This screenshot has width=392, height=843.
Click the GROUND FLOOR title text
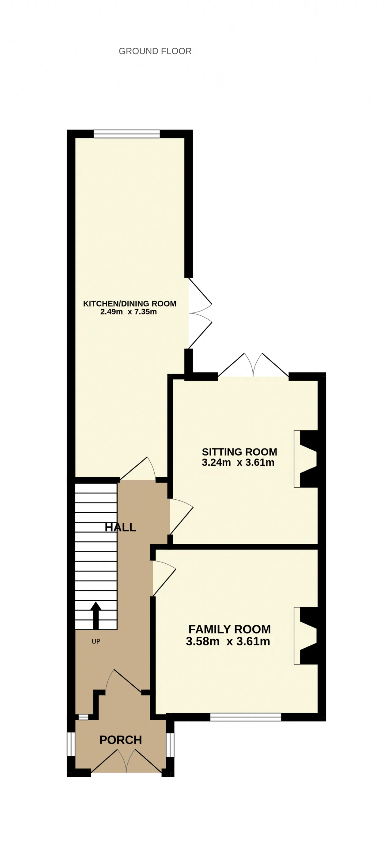[155, 51]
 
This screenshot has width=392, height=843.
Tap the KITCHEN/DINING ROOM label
[130, 304]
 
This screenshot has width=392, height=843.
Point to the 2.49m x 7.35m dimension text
[128, 312]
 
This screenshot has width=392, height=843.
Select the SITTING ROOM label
[239, 452]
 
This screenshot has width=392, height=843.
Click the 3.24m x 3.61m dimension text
[238, 462]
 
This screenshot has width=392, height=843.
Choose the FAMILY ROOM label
[230, 629]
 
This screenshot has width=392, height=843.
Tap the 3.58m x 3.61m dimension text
[228, 641]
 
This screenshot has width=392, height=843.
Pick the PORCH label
[121, 740]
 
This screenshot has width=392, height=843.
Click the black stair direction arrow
[96, 615]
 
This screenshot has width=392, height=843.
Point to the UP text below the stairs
[96, 641]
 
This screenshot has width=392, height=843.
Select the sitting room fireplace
[306, 459]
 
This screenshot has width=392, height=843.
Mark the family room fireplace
[306, 636]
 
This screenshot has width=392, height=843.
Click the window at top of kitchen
[127, 134]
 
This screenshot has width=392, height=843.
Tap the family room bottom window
[246, 717]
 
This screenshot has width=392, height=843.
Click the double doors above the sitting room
[253, 365]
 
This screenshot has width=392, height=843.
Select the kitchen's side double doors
[200, 313]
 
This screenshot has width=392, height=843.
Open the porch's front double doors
[126, 761]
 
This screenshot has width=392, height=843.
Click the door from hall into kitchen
[138, 469]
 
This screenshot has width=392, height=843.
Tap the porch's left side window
[71, 744]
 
